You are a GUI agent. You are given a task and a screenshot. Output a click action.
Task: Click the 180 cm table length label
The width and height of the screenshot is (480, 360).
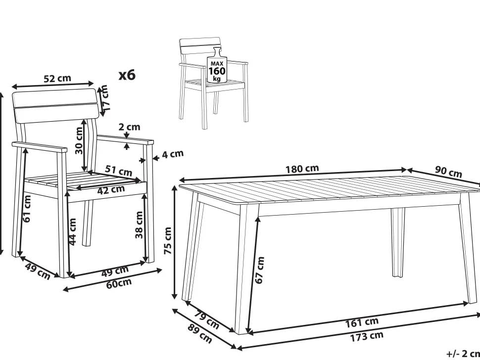(302, 169)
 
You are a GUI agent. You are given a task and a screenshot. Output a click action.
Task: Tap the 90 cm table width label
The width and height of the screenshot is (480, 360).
(448, 172)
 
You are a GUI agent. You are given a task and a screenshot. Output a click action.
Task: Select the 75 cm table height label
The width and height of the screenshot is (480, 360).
(168, 241)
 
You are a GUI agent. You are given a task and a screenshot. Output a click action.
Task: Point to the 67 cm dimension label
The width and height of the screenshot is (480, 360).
(259, 270)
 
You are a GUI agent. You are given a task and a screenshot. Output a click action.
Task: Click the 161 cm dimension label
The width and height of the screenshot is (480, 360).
(362, 322)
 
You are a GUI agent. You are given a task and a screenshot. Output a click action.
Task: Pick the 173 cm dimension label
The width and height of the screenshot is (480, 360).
(366, 336)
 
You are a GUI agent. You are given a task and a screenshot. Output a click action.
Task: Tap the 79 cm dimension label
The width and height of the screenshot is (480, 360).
(207, 319)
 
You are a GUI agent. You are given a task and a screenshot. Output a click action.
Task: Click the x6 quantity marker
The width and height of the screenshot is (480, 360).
(127, 75)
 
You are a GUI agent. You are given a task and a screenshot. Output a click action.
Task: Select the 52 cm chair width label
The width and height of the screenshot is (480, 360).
(57, 78)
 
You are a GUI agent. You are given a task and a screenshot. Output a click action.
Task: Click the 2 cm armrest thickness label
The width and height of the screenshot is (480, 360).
(129, 127)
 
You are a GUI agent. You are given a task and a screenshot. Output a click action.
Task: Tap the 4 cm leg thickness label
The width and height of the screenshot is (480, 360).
(173, 154)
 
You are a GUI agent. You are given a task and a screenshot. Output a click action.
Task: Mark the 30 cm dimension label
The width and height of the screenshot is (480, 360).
(79, 140)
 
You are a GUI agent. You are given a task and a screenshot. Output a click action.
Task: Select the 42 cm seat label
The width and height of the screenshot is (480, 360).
(111, 190)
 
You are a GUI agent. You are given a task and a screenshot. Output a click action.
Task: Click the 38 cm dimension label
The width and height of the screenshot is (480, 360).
(139, 225)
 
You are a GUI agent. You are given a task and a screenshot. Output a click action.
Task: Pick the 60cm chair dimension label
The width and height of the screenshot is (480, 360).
(119, 283)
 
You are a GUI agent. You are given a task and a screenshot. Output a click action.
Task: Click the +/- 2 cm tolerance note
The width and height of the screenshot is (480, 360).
(463, 354)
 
